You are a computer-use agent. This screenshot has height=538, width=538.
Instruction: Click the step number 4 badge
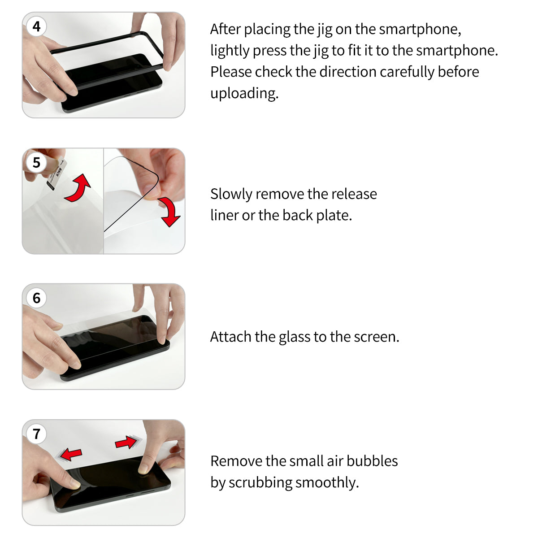36,26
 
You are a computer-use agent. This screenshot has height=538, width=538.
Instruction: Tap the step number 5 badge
36,162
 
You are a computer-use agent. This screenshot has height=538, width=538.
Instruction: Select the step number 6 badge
36,298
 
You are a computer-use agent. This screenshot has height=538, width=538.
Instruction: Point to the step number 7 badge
36,434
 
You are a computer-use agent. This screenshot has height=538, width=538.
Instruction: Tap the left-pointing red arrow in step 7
70,455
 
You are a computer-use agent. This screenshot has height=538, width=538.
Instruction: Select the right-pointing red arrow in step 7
126,443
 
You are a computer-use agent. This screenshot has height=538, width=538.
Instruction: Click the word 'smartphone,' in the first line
420,29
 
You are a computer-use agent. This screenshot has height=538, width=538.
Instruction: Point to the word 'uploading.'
244,93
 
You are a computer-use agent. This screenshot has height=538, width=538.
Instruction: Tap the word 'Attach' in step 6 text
231,337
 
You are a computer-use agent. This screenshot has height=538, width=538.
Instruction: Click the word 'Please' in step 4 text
231,72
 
